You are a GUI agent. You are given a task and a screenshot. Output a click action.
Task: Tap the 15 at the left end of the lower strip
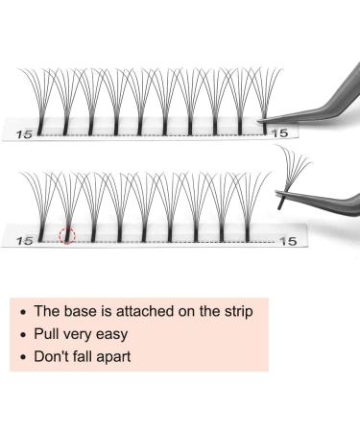27,241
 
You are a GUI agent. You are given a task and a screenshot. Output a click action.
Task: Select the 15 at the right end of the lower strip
286,241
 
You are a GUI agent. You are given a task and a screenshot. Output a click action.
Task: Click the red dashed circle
67,236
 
